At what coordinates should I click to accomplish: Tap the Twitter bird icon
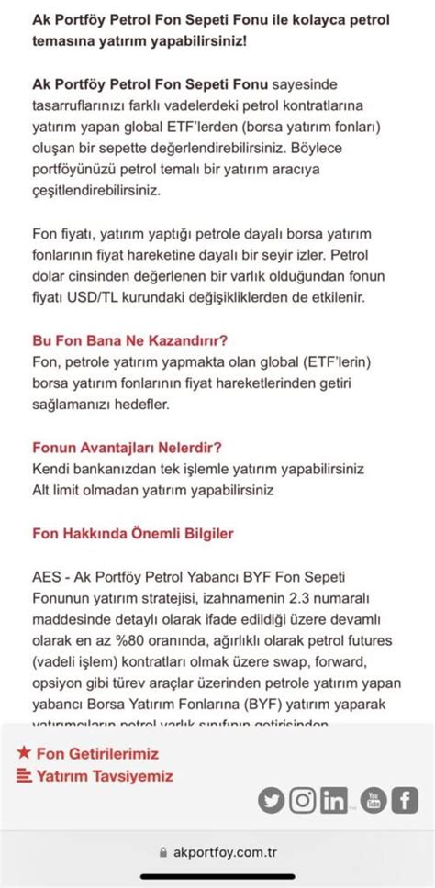(x=271, y=800)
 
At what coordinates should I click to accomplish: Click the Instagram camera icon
(x=302, y=800)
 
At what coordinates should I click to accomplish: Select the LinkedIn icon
(x=334, y=800)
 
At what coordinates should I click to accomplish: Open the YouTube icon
(x=373, y=800)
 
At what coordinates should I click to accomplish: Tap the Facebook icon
(x=405, y=800)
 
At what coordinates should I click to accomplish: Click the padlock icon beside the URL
(x=163, y=852)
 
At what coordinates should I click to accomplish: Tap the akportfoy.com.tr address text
(x=225, y=852)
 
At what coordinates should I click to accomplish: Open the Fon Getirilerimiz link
(x=97, y=753)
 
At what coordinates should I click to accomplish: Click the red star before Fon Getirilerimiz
(x=24, y=752)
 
